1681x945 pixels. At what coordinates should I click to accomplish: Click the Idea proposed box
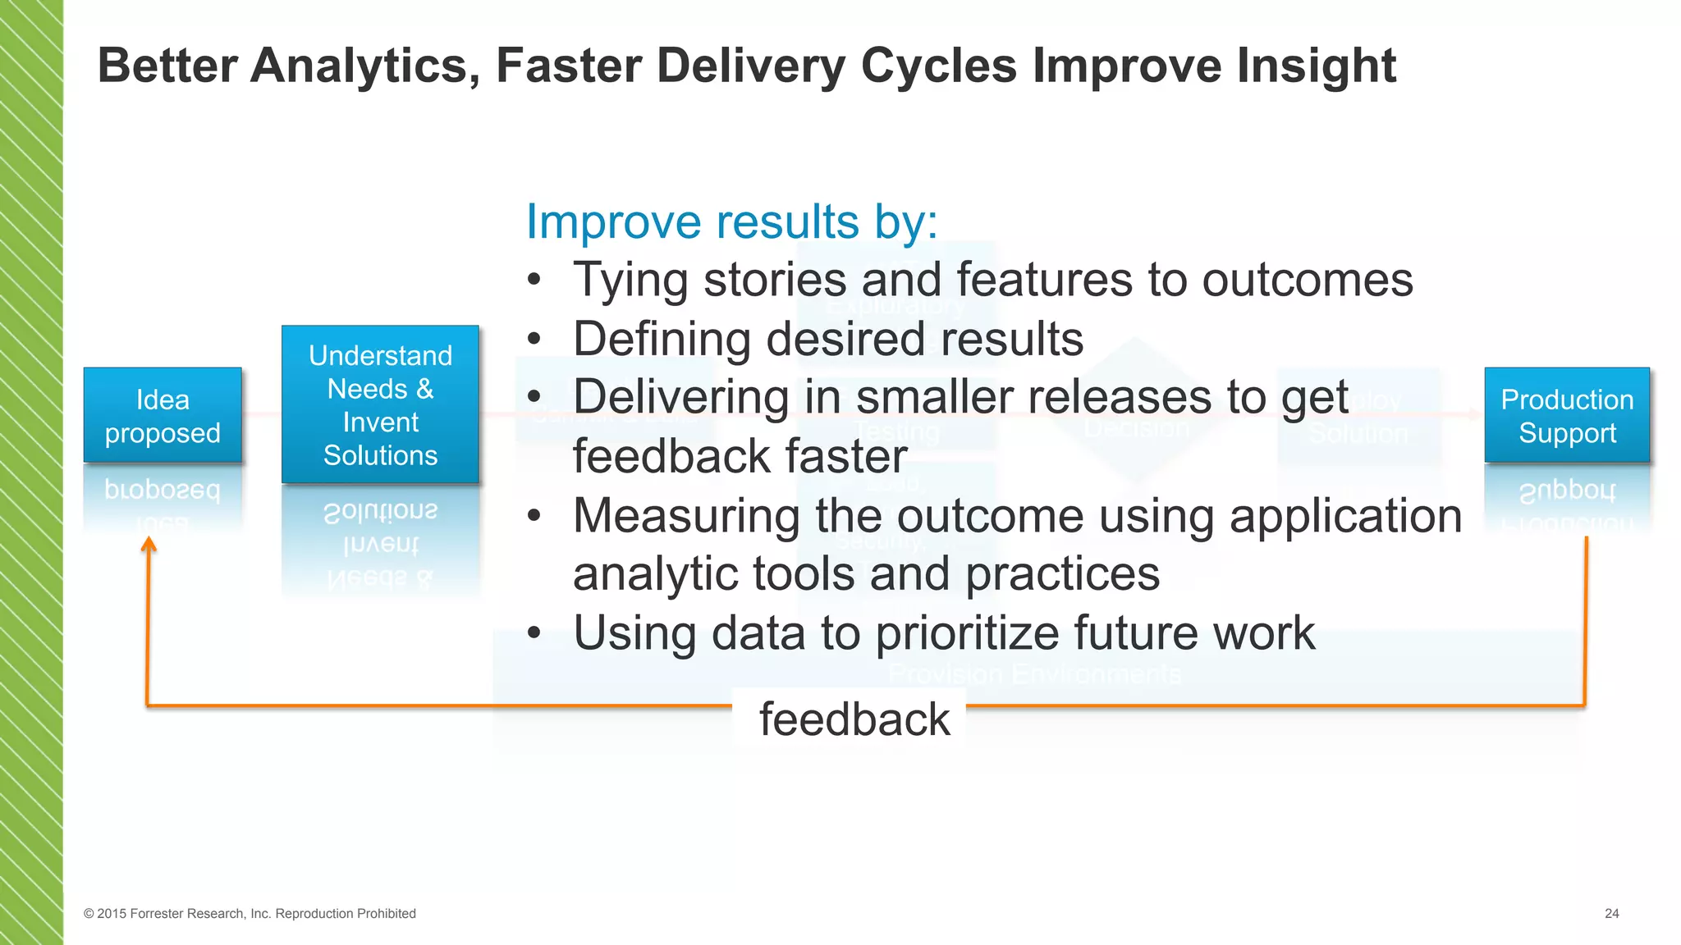163,415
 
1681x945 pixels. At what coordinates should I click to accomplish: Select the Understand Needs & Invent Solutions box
380,404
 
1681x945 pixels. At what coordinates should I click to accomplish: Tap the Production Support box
1567,415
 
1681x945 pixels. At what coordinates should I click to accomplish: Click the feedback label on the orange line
854,719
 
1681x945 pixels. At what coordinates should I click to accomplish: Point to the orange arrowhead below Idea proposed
149,545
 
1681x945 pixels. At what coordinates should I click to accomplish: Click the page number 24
1611,914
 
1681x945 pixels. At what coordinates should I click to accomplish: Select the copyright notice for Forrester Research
250,914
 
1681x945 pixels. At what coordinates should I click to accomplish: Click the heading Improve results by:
731,221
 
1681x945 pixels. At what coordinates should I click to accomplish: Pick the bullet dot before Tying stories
534,281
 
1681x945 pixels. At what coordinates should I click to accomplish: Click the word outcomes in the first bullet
1307,281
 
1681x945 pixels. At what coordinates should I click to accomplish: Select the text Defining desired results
827,339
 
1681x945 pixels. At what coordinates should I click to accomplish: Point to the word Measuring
686,516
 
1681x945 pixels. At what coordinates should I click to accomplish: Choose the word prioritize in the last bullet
969,633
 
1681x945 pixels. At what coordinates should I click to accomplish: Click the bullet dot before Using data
534,633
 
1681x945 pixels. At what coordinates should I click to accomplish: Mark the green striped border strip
31,472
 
